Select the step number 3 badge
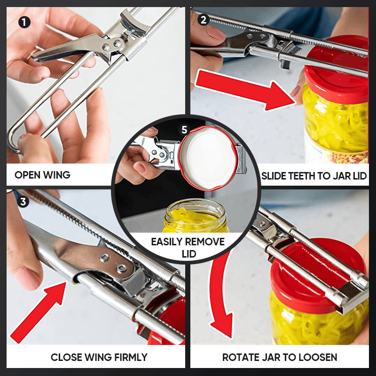click(x=22, y=203)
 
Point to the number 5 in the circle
click(x=185, y=130)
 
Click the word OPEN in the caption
click(x=27, y=175)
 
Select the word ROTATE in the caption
click(x=241, y=358)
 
